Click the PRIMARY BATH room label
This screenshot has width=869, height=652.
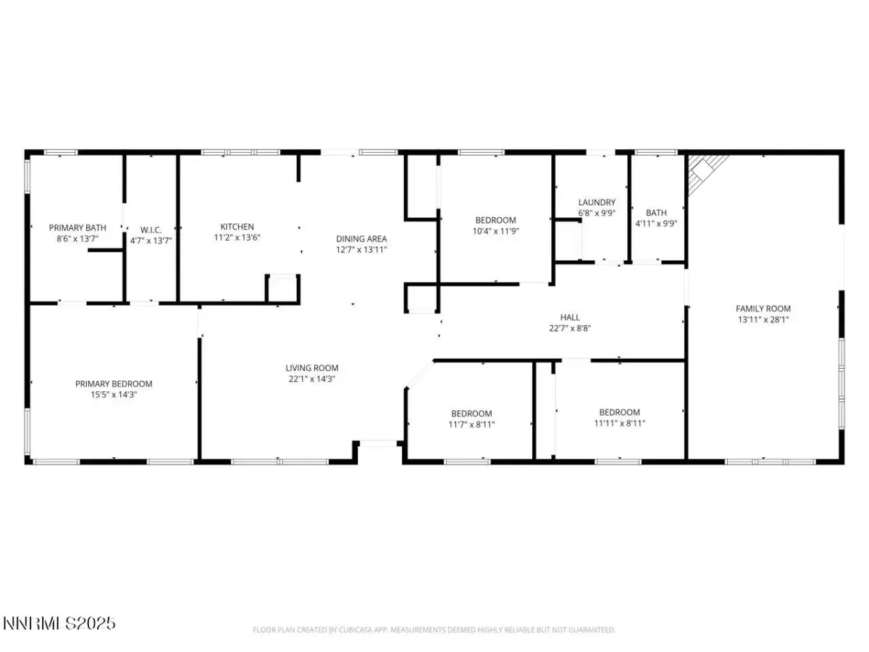tap(77, 227)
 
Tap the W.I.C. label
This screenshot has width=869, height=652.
tap(151, 230)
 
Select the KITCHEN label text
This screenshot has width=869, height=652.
tap(237, 227)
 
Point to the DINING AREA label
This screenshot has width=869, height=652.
tap(361, 239)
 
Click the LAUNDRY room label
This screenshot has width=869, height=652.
tap(597, 202)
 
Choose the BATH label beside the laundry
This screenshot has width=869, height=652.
tap(656, 212)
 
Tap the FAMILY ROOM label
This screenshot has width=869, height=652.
tap(763, 309)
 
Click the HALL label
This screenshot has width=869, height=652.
tap(570, 317)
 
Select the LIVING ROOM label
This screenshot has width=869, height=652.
tap(312, 368)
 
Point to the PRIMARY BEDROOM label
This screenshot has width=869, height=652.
tap(114, 384)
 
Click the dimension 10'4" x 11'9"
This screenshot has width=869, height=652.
tap(495, 231)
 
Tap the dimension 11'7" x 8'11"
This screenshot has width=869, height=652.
tap(471, 425)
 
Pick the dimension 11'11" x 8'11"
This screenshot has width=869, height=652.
tap(620, 423)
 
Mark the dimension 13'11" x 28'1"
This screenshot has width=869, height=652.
tap(763, 319)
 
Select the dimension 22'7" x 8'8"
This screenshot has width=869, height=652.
tap(570, 328)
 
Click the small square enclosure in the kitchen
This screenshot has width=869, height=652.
tap(282, 288)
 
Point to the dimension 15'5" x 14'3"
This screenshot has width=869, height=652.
tap(114, 395)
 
